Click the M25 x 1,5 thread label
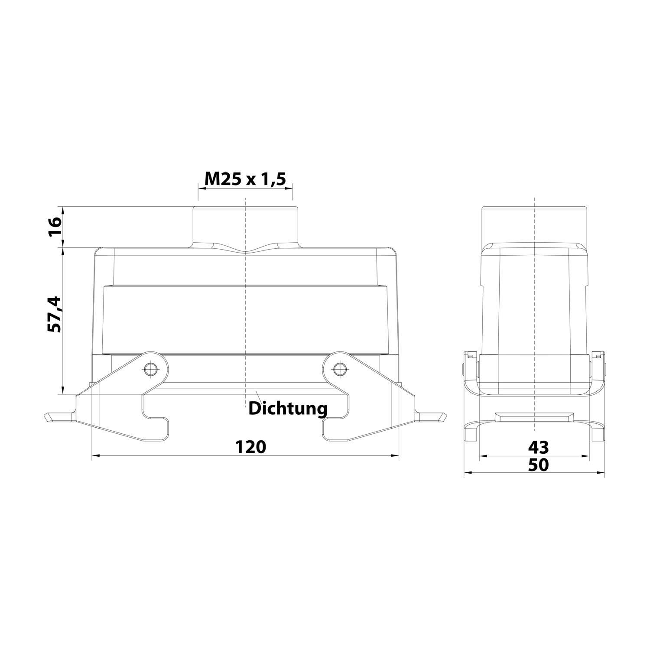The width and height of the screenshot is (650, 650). [x=245, y=179]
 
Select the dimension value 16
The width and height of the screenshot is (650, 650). [x=55, y=227]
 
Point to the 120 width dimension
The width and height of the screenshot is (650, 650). [x=250, y=446]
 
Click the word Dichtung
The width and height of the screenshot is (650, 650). [x=288, y=408]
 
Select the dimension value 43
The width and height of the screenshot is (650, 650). [x=538, y=446]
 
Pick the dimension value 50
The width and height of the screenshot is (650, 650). [x=538, y=465]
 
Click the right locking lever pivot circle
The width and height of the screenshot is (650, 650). [x=339, y=369]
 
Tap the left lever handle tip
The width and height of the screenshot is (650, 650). [x=48, y=418]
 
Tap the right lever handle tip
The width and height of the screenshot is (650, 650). [x=442, y=418]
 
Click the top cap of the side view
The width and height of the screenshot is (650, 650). [x=535, y=225]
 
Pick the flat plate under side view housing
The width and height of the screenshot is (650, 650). [x=535, y=417]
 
